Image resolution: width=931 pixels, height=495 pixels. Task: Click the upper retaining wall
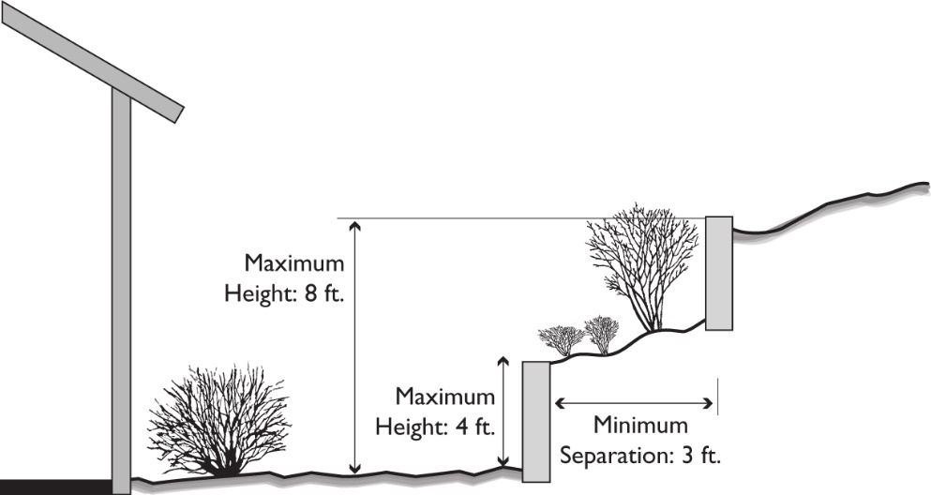[718, 273]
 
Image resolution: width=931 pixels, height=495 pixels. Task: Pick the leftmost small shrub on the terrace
[562, 338]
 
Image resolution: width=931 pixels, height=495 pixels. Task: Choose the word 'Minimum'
[639, 427]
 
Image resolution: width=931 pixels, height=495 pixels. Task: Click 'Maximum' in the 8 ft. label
[294, 262]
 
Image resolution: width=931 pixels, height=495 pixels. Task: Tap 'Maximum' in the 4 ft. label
[444, 397]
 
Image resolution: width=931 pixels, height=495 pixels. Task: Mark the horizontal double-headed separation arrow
[635, 403]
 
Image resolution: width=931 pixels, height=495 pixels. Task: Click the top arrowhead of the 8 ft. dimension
[354, 226]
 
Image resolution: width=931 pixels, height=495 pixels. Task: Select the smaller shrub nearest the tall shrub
[602, 334]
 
